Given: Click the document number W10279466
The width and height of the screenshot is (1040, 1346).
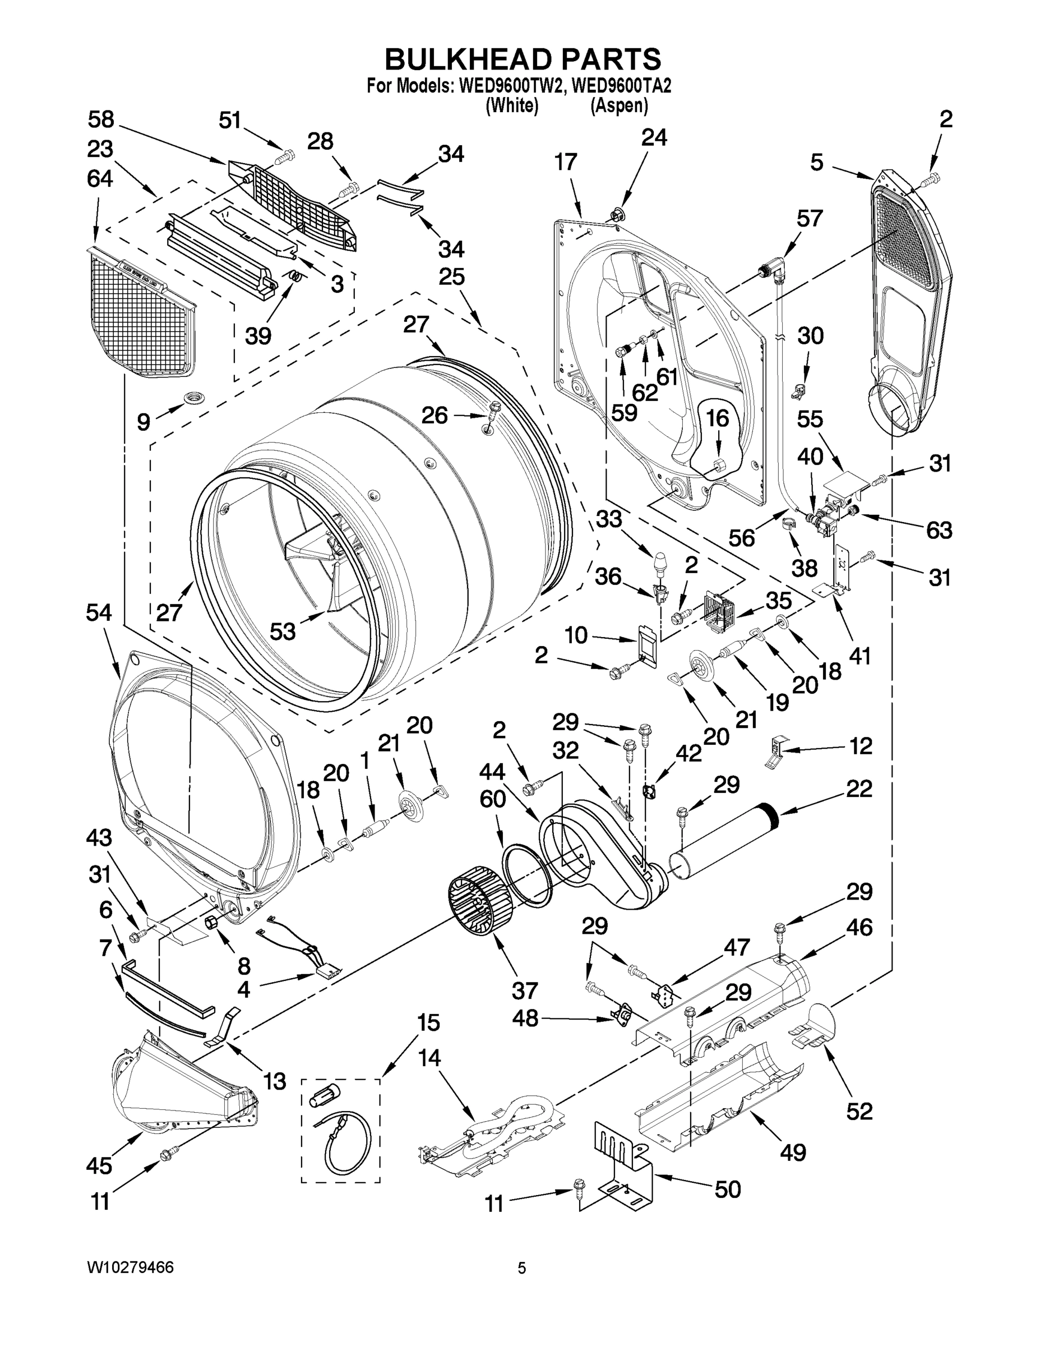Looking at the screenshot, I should [130, 1267].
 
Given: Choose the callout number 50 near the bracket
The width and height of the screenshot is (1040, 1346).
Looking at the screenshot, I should [727, 1189].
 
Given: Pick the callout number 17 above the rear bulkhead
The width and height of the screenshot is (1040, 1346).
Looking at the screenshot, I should [565, 162].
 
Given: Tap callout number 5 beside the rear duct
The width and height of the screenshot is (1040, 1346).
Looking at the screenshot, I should [816, 163].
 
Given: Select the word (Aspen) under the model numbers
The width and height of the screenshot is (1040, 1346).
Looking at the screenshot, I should [619, 106].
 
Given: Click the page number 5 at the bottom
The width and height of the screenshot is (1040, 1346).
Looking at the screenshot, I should [521, 1269].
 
